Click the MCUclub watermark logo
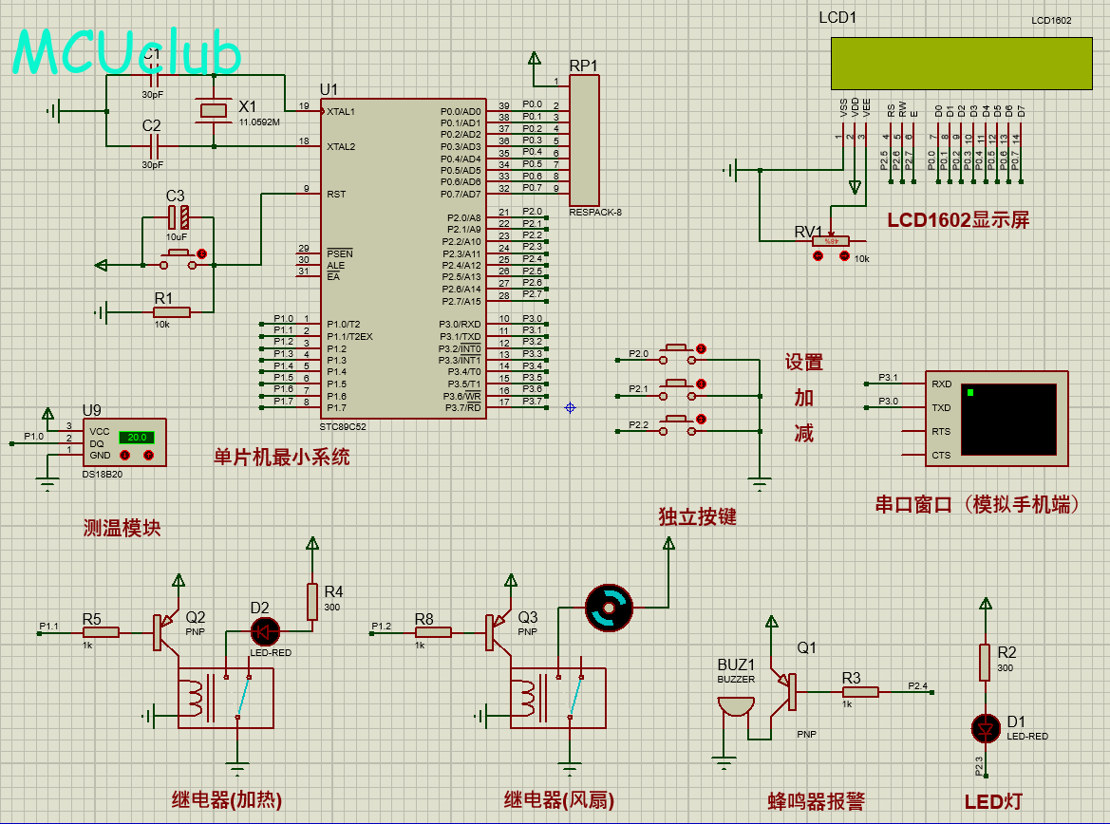point(126,52)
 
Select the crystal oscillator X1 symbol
point(214,111)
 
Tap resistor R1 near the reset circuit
point(171,311)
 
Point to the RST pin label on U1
point(336,194)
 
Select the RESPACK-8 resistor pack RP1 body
point(584,139)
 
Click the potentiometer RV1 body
point(831,241)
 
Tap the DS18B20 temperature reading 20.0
point(136,438)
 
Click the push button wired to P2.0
point(676,348)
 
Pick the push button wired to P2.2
point(676,419)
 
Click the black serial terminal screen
point(1008,420)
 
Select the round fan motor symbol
point(608,607)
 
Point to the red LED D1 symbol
point(986,728)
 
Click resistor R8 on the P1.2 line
point(433,632)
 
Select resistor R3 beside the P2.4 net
point(860,692)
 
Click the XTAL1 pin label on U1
point(341,111)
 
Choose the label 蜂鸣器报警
point(816,801)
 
